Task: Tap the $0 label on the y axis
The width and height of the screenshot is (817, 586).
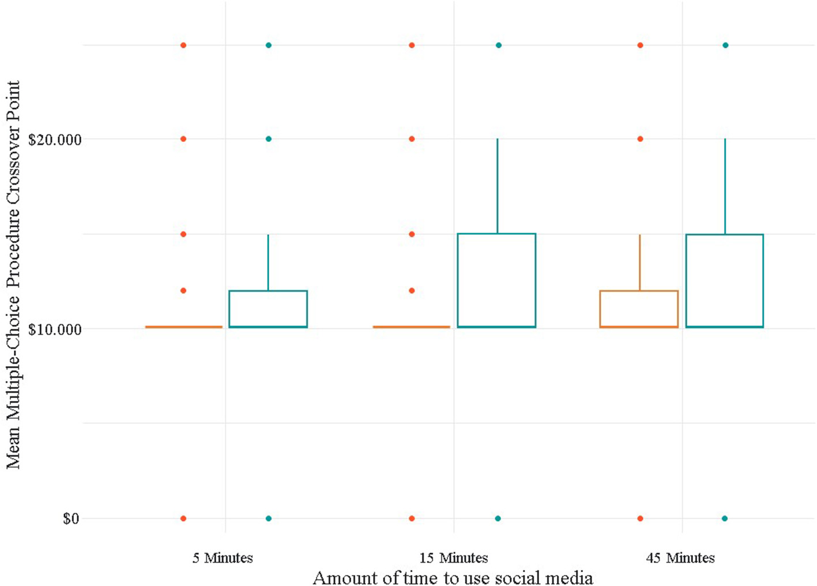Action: [x=70, y=519]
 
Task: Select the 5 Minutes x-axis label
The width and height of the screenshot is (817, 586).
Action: [x=223, y=558]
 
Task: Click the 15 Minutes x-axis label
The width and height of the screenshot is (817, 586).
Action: [x=453, y=558]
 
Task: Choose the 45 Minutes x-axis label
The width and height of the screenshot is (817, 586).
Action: [x=680, y=558]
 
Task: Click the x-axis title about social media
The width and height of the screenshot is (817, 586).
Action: [x=453, y=577]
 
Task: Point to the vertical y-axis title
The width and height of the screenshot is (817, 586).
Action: [x=13, y=275]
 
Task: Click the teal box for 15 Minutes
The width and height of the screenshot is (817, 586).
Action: [x=496, y=280]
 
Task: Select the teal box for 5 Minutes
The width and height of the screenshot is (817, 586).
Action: [x=268, y=309]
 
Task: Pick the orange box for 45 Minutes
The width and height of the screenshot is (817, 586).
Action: [x=639, y=309]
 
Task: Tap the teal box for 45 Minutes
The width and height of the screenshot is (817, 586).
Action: [x=725, y=280]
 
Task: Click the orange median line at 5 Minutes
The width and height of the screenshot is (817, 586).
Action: [x=183, y=327]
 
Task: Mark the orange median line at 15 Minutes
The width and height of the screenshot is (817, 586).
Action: [x=411, y=327]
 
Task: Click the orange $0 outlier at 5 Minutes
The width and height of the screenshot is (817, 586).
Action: [x=183, y=519]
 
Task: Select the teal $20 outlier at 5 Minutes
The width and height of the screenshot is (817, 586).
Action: [x=268, y=139]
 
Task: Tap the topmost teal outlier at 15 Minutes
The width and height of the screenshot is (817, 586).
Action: [x=499, y=45]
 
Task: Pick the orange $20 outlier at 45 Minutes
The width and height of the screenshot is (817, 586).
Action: [x=640, y=139]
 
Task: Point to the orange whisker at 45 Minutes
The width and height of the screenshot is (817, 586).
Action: [x=639, y=262]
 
